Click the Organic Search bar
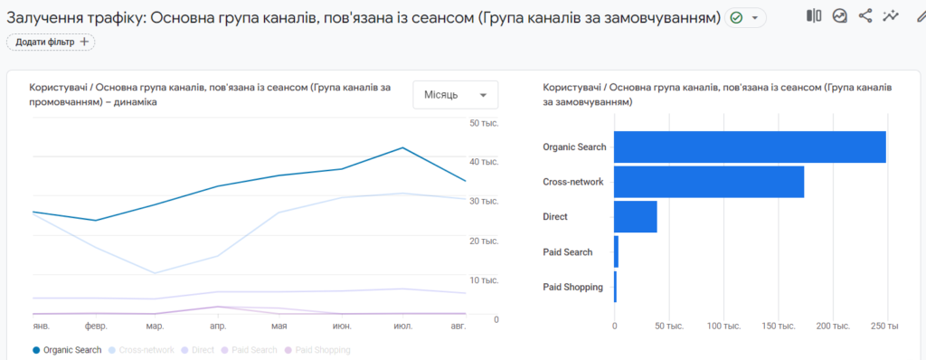pos(750,147)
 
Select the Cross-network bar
pos(709,182)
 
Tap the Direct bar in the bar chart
pos(636,217)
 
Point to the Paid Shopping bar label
pos(572,287)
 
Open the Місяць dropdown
pos(456,95)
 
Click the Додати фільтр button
pos(51,42)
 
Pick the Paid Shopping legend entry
pos(317,349)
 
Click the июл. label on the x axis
pos(403,324)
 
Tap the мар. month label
pos(155,324)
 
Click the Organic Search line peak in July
pos(402,147)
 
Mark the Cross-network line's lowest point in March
pos(155,273)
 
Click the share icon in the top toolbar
pos(865,15)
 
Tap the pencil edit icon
pos(919,15)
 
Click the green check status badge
pos(736,18)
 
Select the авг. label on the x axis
pos(458,324)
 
